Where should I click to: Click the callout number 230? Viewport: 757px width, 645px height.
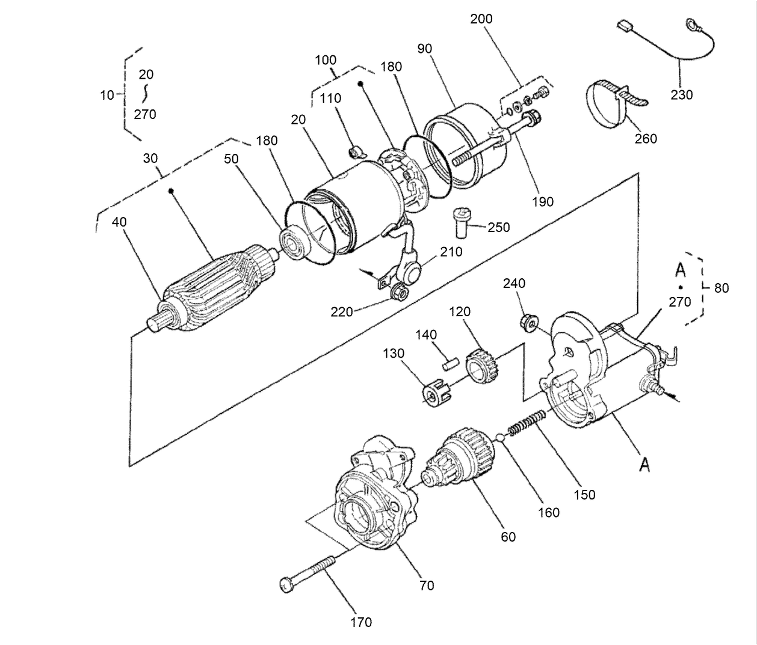(x=681, y=95)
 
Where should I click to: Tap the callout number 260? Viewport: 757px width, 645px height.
(x=646, y=139)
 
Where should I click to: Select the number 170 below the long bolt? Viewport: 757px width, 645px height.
(x=361, y=622)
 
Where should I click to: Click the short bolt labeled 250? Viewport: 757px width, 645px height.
(x=461, y=223)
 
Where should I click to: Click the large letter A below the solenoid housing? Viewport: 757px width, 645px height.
(x=644, y=464)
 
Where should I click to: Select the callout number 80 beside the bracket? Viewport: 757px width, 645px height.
(x=721, y=289)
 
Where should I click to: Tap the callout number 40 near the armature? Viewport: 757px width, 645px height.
(x=120, y=222)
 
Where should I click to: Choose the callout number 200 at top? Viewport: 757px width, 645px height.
(x=481, y=19)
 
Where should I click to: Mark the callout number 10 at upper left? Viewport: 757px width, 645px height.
(x=107, y=95)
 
